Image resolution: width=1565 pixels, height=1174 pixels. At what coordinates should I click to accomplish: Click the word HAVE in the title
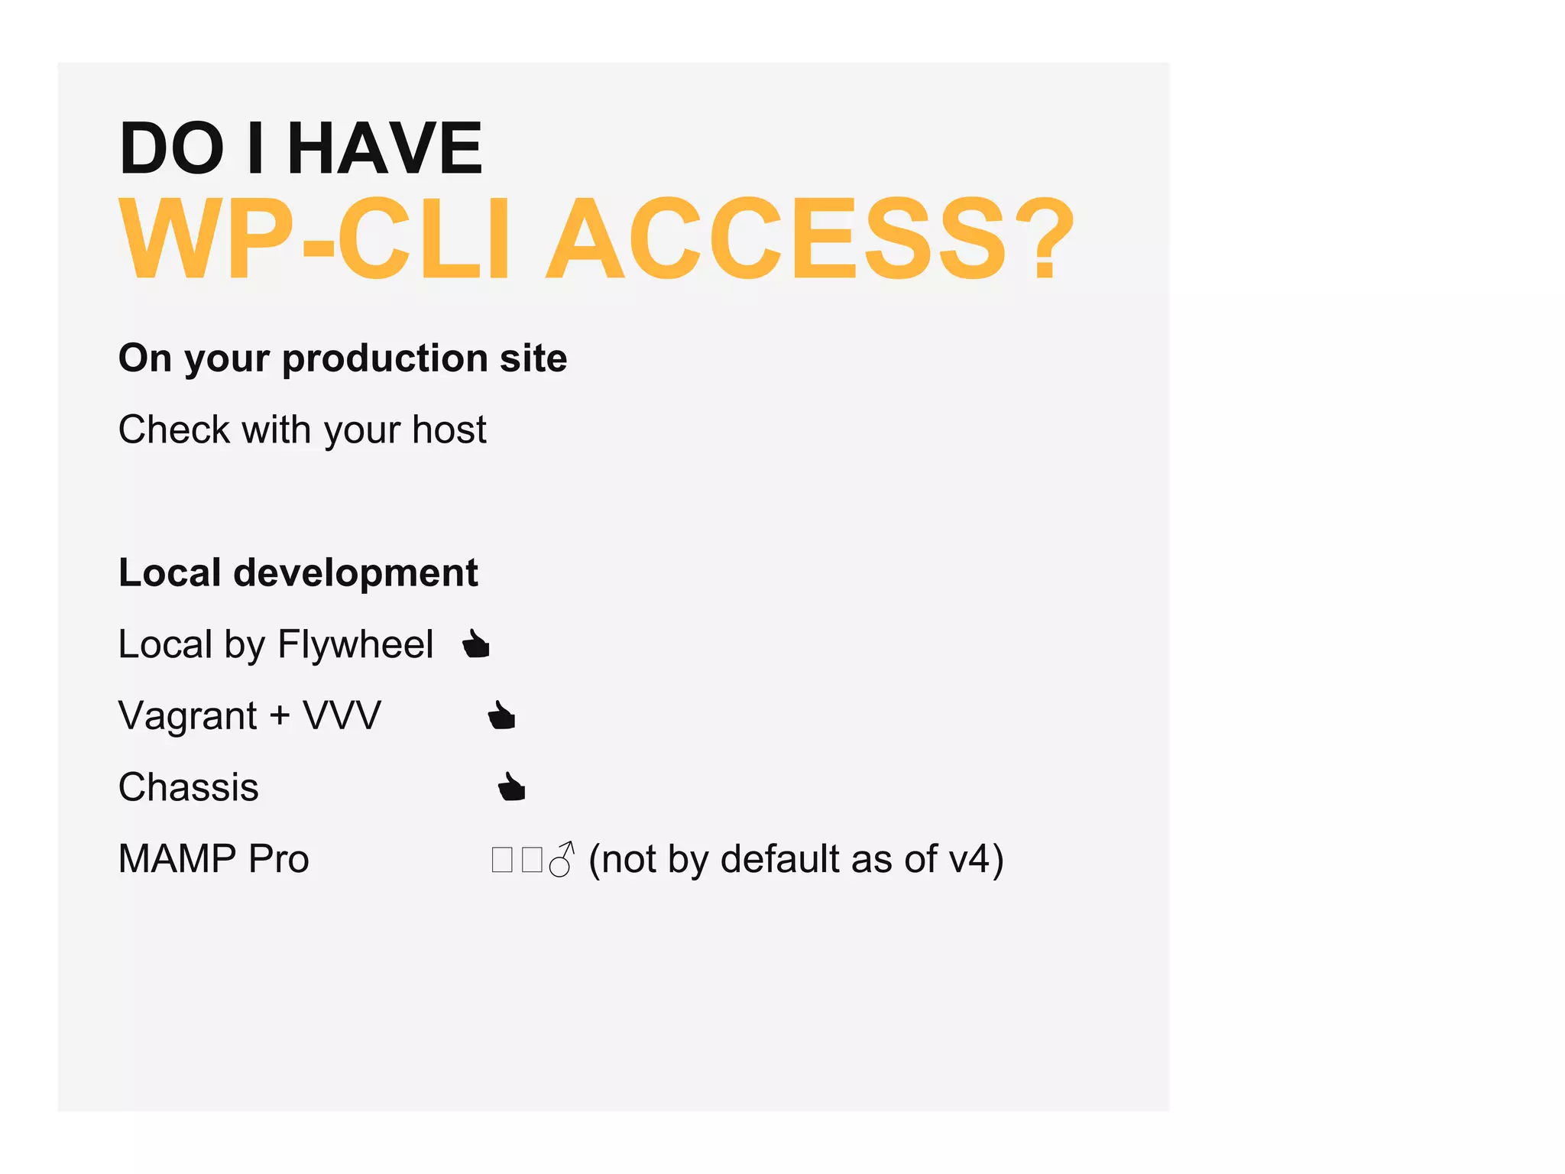(x=384, y=148)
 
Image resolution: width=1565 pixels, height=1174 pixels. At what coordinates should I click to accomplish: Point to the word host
(x=449, y=430)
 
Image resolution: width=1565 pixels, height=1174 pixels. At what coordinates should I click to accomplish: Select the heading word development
(x=355, y=573)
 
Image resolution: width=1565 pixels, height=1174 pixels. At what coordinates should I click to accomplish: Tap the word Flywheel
(x=355, y=644)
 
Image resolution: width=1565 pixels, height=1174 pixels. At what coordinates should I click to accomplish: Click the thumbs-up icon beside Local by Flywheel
(x=476, y=644)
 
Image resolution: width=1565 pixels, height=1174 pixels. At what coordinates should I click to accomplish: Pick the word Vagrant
(x=188, y=717)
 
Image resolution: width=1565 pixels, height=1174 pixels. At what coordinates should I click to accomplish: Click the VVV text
(x=342, y=716)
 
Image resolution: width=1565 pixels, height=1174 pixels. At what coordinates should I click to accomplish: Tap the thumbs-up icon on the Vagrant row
(x=501, y=715)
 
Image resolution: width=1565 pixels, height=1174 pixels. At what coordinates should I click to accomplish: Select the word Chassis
(x=189, y=787)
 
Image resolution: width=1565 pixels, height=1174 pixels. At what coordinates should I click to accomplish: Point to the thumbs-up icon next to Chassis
(x=511, y=786)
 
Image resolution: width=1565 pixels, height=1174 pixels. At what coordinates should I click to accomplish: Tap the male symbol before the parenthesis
(x=562, y=860)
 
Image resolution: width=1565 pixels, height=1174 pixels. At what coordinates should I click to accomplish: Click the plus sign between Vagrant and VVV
(x=280, y=716)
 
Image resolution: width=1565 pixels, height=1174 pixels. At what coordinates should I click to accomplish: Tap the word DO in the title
(x=172, y=148)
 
